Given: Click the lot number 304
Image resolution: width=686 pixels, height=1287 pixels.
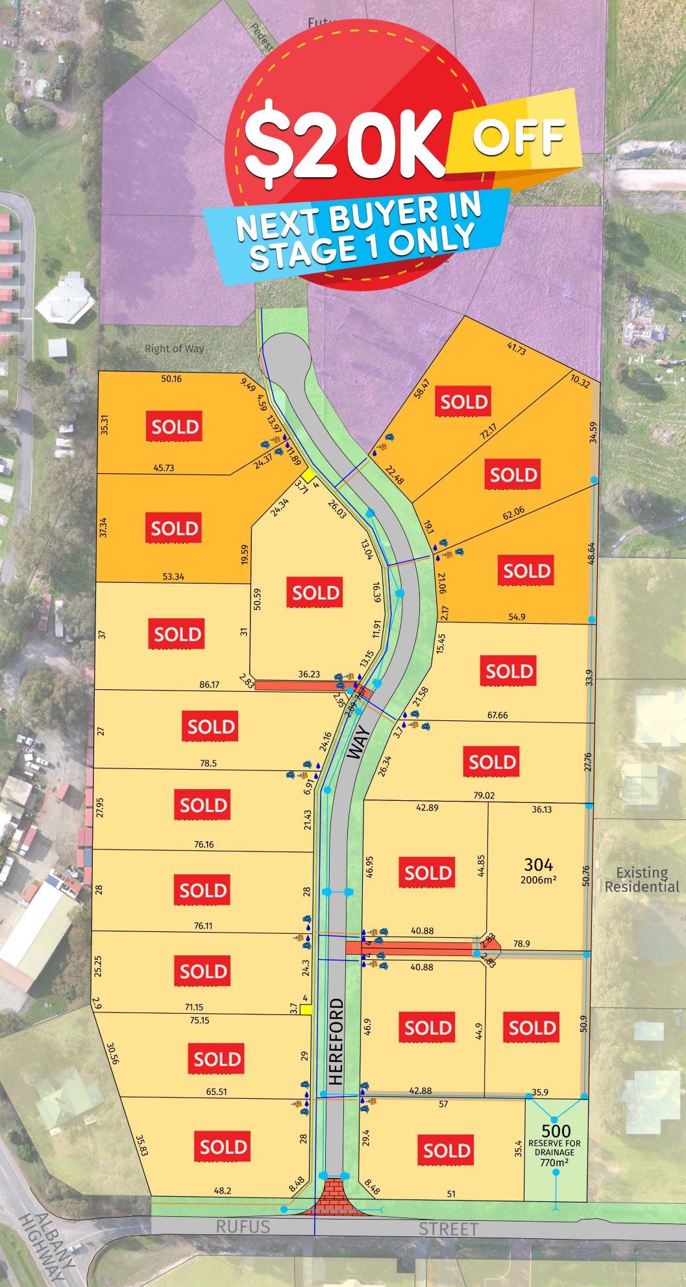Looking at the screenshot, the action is [x=538, y=864].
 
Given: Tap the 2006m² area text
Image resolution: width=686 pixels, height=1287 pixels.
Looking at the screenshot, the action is [x=538, y=880].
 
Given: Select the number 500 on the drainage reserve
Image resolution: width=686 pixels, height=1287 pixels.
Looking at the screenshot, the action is [x=556, y=1131].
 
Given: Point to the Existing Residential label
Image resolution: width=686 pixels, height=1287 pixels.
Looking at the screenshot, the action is [x=642, y=879].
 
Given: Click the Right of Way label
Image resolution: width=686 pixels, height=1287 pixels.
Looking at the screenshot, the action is [x=174, y=349].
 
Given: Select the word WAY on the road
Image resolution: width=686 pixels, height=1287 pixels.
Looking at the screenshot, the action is [x=358, y=742].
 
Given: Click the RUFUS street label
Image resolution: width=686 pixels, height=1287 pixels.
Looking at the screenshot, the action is [x=243, y=1226].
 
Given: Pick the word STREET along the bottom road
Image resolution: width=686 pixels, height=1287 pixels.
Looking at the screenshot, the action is [x=448, y=1229].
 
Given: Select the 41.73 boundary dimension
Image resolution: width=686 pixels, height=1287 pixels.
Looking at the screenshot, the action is [x=516, y=349].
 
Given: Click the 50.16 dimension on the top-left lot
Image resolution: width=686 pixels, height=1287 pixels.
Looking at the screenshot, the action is [x=171, y=378].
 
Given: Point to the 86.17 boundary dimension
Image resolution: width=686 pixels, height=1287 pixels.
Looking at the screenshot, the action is [x=210, y=684].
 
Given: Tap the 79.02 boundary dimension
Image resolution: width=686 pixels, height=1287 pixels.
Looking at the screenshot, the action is [x=484, y=794].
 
